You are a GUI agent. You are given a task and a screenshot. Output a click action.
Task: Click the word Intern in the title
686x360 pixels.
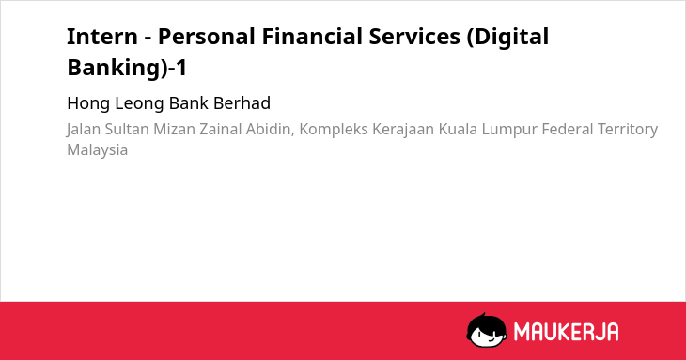coord(102,37)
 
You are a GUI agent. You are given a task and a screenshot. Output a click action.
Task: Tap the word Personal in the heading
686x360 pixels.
coord(207,37)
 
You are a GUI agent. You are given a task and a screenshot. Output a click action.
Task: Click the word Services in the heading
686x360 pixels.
coord(414,37)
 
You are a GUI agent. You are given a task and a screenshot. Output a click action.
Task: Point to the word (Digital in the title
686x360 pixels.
coord(507,38)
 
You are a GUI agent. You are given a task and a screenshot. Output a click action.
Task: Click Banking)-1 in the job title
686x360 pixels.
coord(127,69)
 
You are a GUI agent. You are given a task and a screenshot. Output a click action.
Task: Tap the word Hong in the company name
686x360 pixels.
coord(88,103)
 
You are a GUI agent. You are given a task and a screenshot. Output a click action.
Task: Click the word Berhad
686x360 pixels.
coord(242,103)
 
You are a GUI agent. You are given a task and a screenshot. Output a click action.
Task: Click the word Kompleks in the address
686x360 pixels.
coord(334,130)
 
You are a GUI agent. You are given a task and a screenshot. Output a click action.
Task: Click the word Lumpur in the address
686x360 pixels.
coord(509,130)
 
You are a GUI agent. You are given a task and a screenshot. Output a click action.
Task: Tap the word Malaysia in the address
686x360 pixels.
coord(97,150)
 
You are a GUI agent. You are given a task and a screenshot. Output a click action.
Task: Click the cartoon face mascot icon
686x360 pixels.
coord(487,330)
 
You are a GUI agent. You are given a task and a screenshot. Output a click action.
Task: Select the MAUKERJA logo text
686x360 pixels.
coord(566,332)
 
